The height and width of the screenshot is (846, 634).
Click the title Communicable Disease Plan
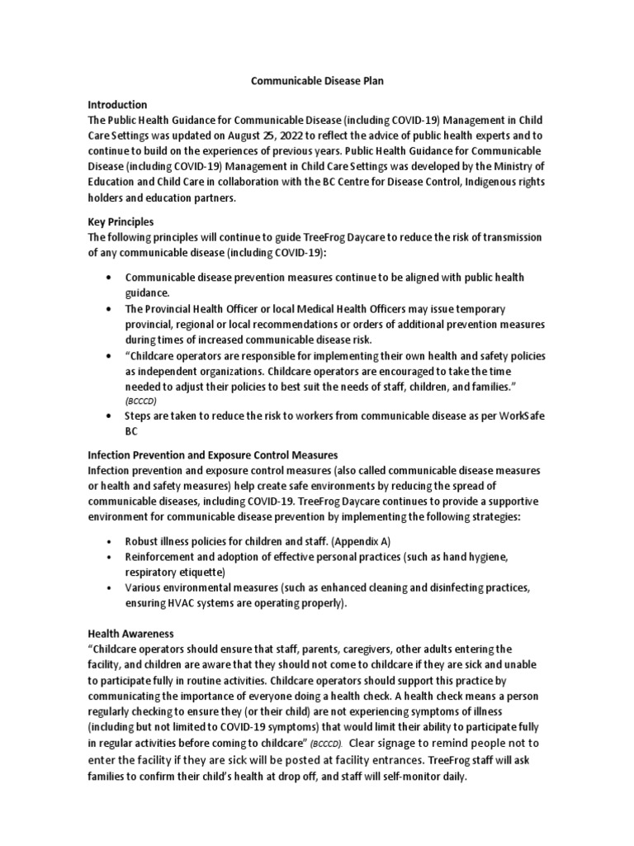317,82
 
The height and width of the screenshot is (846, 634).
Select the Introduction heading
117,105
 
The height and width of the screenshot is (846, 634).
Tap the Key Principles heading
120,222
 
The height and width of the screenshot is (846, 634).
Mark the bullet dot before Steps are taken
109,417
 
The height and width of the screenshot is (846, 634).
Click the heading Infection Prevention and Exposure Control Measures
213,455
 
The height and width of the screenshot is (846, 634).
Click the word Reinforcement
162,557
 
